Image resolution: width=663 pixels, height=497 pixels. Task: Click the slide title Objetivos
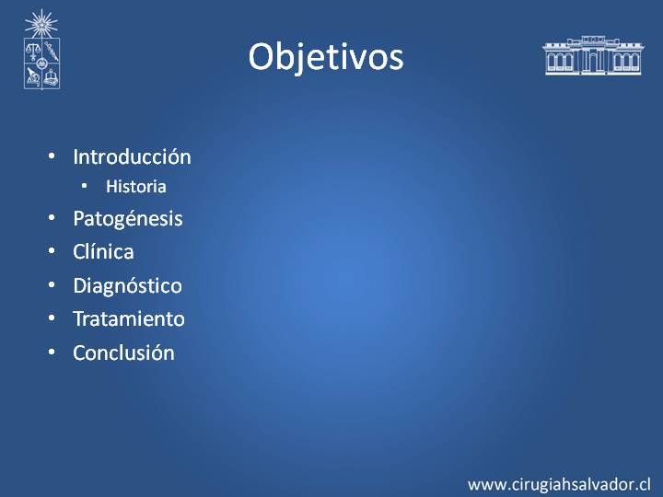pyautogui.click(x=326, y=57)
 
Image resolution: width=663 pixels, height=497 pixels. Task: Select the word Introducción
pyautogui.click(x=132, y=156)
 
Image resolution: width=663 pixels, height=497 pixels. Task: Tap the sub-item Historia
pyautogui.click(x=135, y=186)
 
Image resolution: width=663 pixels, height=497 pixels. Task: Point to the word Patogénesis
pyautogui.click(x=128, y=219)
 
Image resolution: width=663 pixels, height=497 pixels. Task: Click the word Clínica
pyautogui.click(x=103, y=252)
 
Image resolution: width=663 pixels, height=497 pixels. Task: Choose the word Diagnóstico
pyautogui.click(x=127, y=286)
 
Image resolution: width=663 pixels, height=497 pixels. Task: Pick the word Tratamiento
pyautogui.click(x=129, y=318)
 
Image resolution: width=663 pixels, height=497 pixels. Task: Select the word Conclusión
pyautogui.click(x=123, y=353)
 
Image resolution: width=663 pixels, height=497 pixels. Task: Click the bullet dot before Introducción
pyautogui.click(x=52, y=156)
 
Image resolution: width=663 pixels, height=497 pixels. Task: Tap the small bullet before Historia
pyautogui.click(x=85, y=186)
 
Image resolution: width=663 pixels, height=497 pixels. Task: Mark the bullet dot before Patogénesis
pyautogui.click(x=52, y=218)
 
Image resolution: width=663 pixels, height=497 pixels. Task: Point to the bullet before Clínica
pyautogui.click(x=52, y=251)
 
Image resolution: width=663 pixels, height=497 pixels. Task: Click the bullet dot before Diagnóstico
pyautogui.click(x=52, y=284)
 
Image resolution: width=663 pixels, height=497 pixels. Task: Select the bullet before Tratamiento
pyautogui.click(x=52, y=318)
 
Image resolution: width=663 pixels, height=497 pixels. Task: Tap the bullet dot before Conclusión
pyautogui.click(x=52, y=352)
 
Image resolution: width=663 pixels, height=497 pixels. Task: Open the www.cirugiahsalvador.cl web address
pyautogui.click(x=559, y=484)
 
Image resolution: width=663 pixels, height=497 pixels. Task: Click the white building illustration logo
pyautogui.click(x=593, y=55)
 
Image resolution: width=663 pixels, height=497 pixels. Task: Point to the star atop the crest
pyautogui.click(x=41, y=24)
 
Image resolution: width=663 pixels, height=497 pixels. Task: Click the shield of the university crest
pyautogui.click(x=41, y=64)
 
